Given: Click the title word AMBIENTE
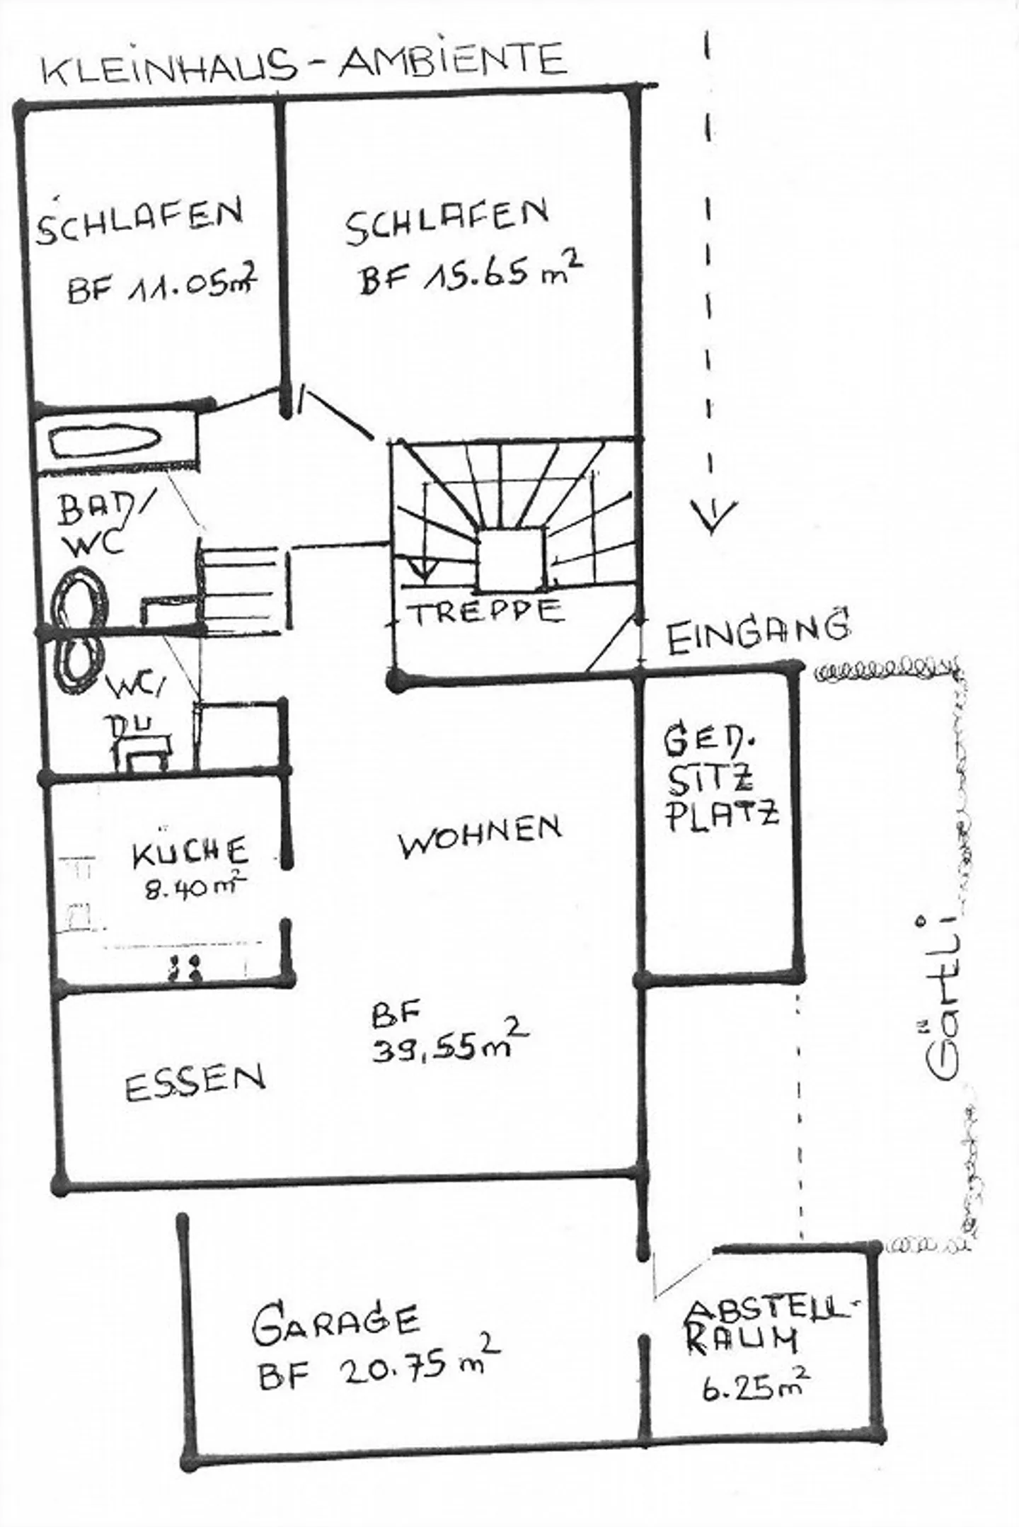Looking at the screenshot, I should click(453, 59).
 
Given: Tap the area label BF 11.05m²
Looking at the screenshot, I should click(161, 286).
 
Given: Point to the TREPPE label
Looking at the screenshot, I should click(488, 611).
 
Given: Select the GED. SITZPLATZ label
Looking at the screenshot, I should click(720, 779).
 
